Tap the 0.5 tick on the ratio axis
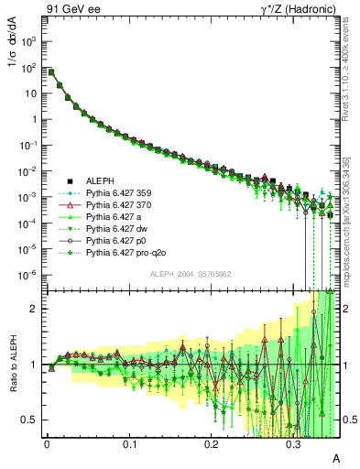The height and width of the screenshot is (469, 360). pos(34,420)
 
